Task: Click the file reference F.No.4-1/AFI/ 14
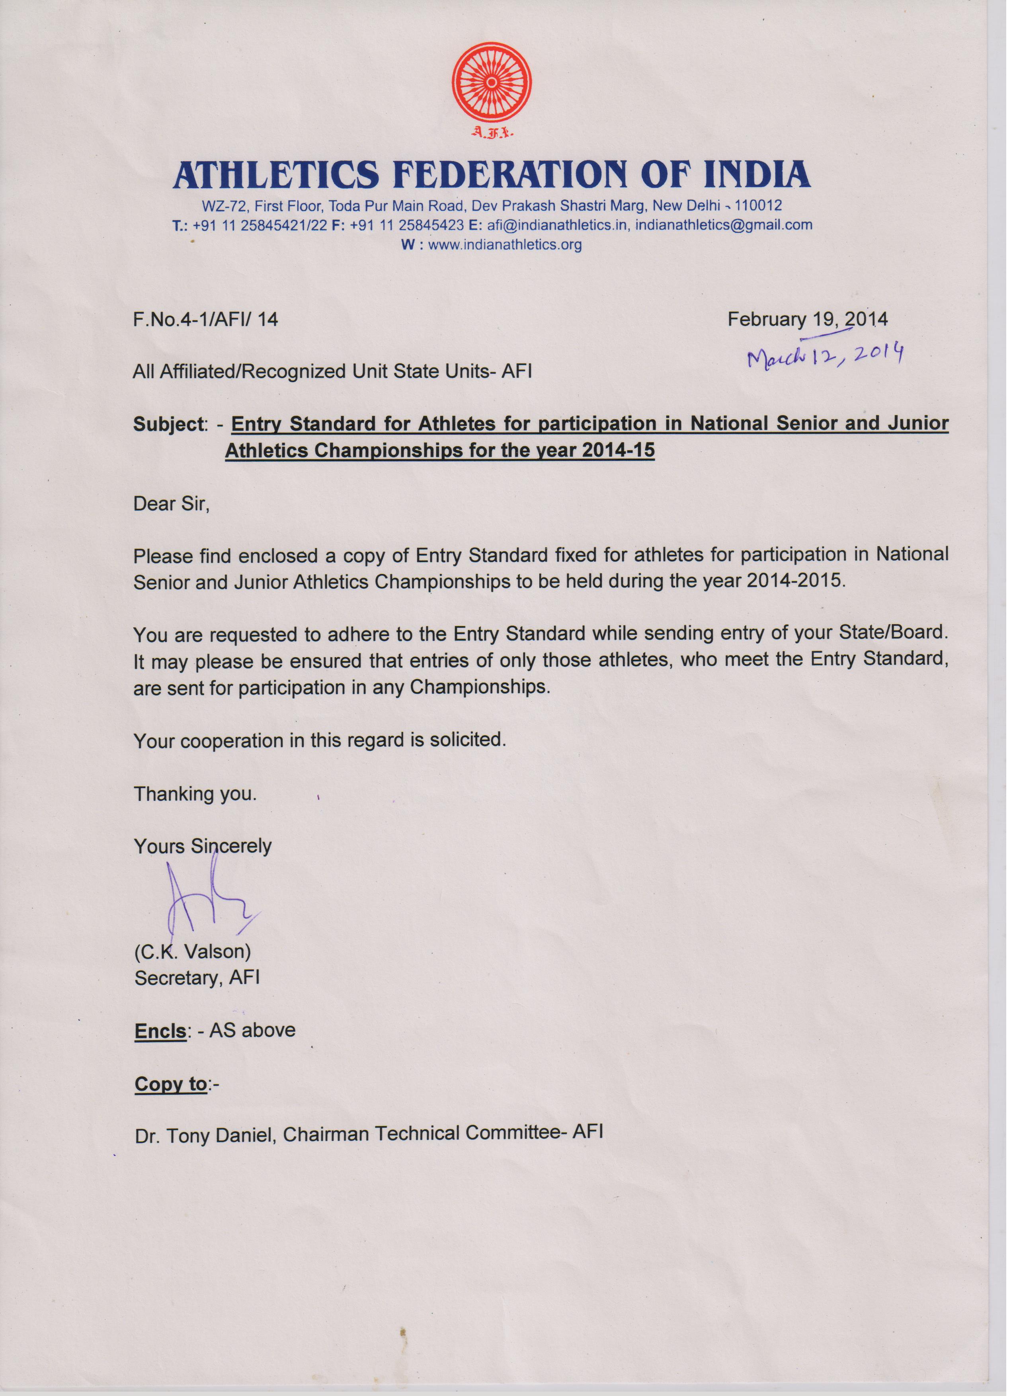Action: [205, 320]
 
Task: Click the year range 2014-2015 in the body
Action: [795, 581]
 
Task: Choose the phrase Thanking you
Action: [195, 794]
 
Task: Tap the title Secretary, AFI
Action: [197, 978]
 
